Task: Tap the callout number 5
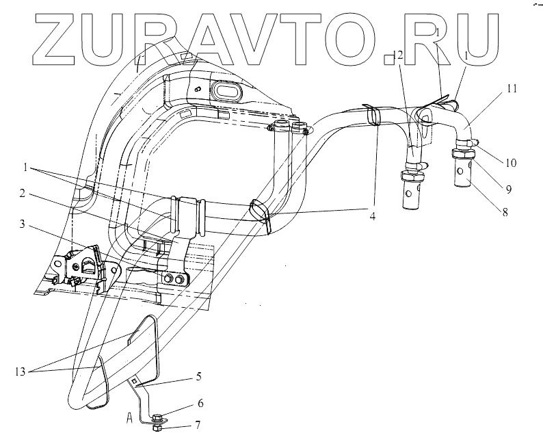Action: pyautogui.click(x=198, y=376)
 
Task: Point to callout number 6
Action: pyautogui.click(x=200, y=404)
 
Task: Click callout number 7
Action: pyautogui.click(x=198, y=425)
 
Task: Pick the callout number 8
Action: pyautogui.click(x=504, y=212)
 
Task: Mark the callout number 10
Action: pyautogui.click(x=511, y=164)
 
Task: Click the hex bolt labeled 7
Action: pyautogui.click(x=157, y=428)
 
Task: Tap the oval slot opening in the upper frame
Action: pyautogui.click(x=228, y=90)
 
